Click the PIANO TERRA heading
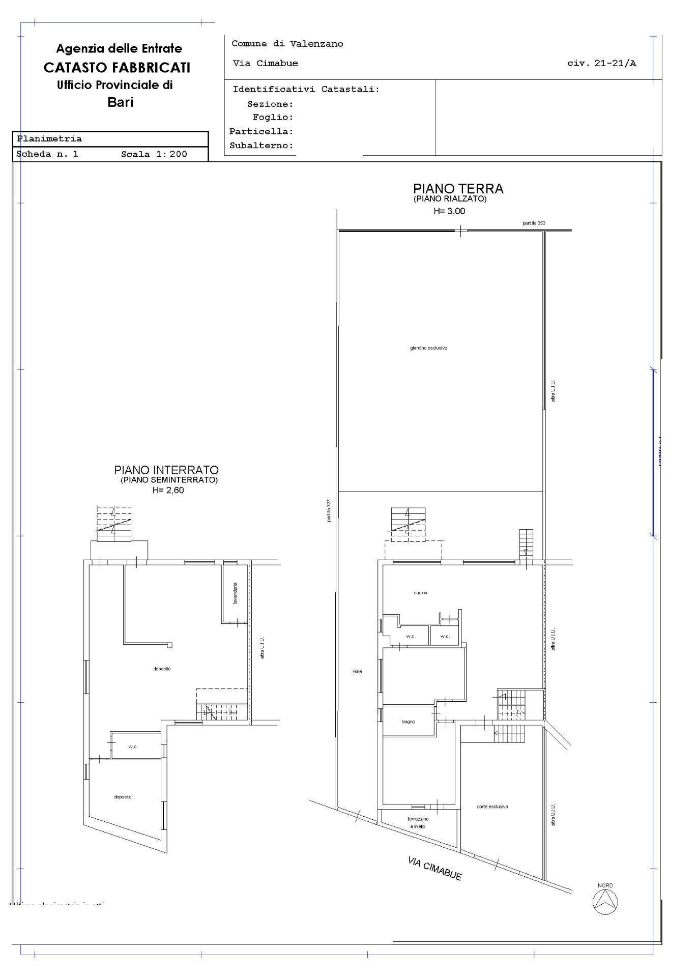coord(458,189)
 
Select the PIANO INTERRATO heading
coord(166,470)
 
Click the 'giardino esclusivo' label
coord(428,348)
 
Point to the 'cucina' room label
coord(420,593)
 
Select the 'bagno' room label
coord(408,722)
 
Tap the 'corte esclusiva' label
coord(492,807)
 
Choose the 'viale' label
coord(357,671)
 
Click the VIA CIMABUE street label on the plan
coord(434,868)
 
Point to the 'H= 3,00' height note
coord(449,211)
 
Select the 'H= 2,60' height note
coord(168,491)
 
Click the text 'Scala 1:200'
coord(154,154)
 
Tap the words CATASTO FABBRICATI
coord(117,67)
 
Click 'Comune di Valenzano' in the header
coord(287,44)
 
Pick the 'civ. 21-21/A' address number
coord(601,64)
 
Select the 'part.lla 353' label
coord(534,223)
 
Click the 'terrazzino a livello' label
coord(418,823)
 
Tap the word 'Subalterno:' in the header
coord(262,146)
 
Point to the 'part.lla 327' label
coord(329,510)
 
